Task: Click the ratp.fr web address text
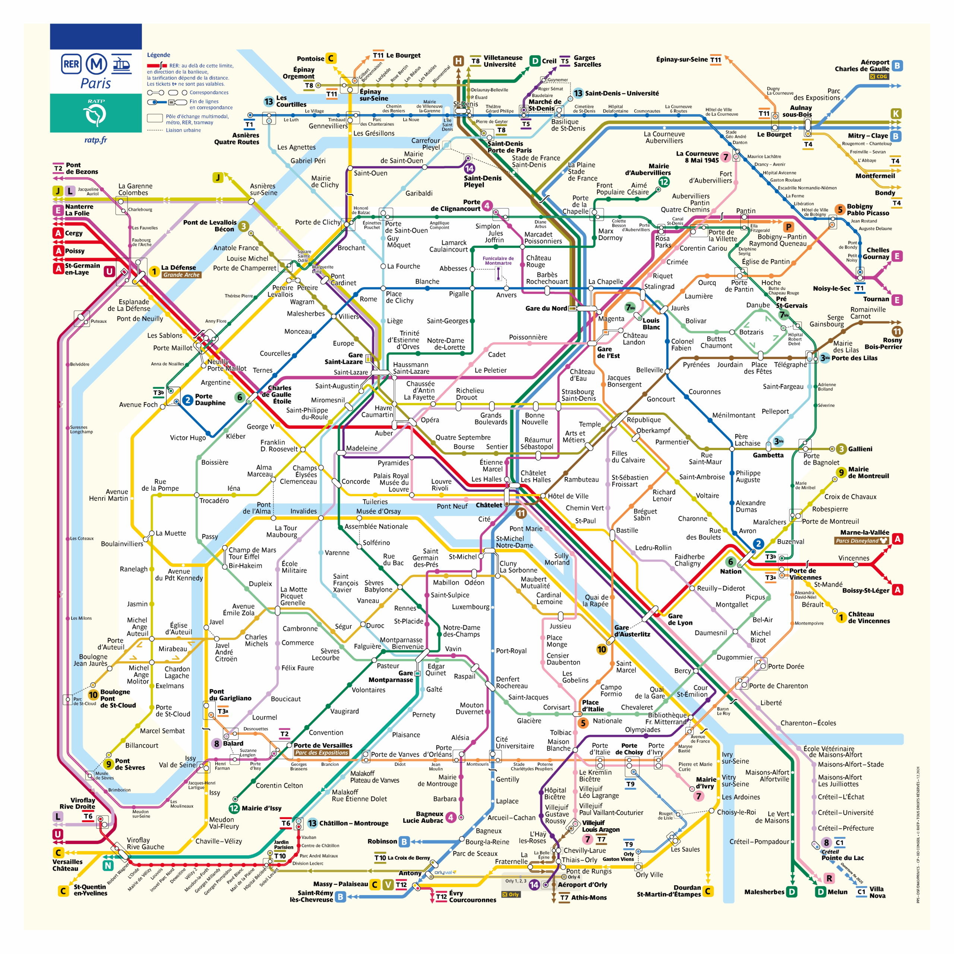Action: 95,140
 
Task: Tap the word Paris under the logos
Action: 95,83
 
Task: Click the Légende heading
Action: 158,55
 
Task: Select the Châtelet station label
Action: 488,505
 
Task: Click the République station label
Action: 644,420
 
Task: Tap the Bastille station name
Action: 627,530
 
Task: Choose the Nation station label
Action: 730,571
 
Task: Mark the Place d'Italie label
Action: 593,705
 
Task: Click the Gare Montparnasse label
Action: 391,676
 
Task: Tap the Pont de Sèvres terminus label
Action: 130,764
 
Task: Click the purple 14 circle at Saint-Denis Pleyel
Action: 469,169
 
